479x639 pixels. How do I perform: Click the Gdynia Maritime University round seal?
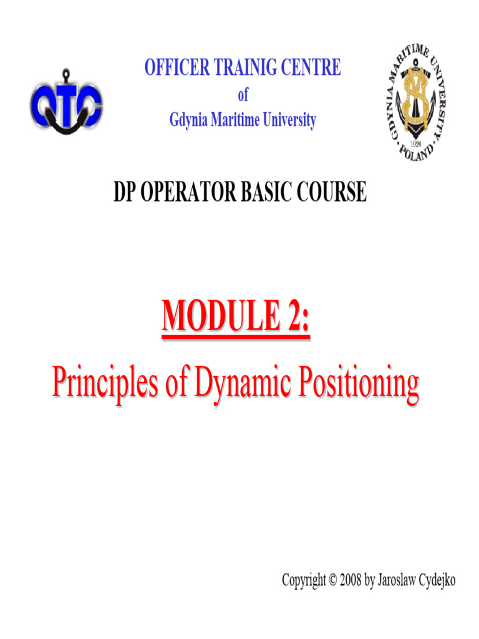tap(416, 104)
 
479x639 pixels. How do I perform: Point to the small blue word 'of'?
tap(243, 95)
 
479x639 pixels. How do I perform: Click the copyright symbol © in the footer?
tap(332, 580)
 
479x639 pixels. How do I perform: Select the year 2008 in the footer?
tap(351, 580)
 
